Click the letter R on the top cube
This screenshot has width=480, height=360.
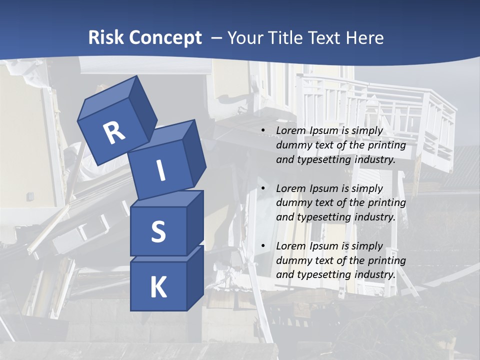tap(114, 133)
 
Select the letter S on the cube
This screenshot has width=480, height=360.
tap(158, 231)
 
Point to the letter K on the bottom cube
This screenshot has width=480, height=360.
tap(158, 287)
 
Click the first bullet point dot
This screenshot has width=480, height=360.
tap(263, 130)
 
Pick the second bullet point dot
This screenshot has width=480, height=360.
tap(263, 188)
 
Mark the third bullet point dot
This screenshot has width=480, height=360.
tap(263, 246)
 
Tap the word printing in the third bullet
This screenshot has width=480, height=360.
tap(386, 260)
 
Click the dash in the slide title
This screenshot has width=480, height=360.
tap(216, 38)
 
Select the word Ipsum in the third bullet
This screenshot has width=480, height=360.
tap(323, 246)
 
